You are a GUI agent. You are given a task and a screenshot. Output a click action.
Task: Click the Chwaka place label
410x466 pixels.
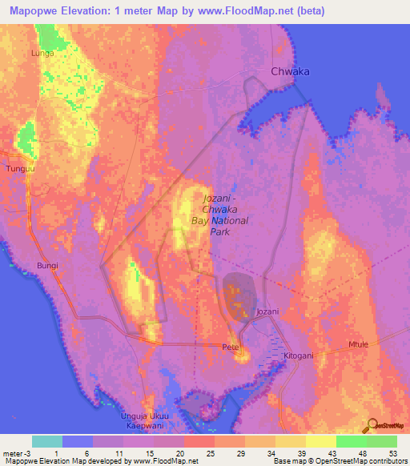coord(290,70)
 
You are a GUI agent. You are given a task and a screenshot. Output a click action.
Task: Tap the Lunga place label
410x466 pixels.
coord(42,53)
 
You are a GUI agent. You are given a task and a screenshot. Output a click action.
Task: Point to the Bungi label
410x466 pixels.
coord(49,263)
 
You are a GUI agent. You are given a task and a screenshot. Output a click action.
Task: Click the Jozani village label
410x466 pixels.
coord(267,311)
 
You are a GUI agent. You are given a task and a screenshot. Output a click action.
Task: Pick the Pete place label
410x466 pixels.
coord(231,347)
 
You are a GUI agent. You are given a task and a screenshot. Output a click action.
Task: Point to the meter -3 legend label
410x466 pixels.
coord(18,452)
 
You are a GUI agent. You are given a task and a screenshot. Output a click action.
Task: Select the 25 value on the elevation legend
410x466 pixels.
coord(199,452)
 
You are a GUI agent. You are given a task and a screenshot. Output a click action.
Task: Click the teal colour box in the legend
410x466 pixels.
coord(47,441)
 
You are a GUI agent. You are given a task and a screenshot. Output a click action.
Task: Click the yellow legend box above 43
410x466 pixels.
coord(320,441)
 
